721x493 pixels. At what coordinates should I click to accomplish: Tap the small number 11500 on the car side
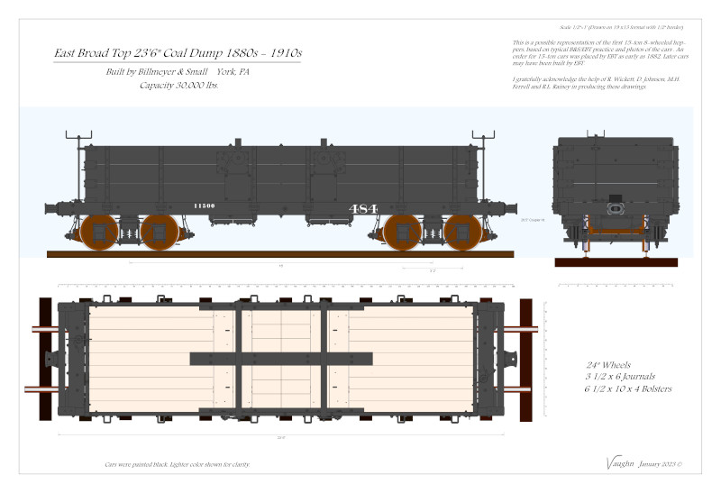[x=204, y=206]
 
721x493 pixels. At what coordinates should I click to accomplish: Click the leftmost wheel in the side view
[x=98, y=233]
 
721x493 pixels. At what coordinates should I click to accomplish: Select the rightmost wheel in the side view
[x=462, y=233]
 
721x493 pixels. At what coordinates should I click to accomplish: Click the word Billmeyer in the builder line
[x=149, y=71]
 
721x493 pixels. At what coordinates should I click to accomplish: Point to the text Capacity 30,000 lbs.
[x=178, y=86]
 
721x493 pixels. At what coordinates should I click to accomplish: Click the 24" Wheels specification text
[x=603, y=361]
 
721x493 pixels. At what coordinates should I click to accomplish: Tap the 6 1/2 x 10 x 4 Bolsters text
[x=627, y=388]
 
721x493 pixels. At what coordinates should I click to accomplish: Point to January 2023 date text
[x=662, y=464]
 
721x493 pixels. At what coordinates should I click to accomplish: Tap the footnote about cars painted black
[x=177, y=464]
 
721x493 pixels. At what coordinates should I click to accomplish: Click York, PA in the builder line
[x=233, y=71]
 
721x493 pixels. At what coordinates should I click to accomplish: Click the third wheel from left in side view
[x=402, y=233]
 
